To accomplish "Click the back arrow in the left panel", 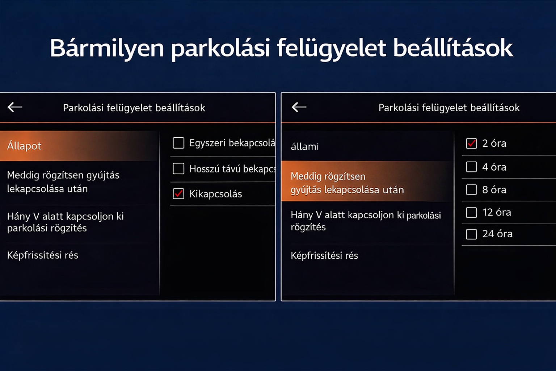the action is pos(15,107).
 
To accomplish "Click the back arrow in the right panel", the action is pos(299,107).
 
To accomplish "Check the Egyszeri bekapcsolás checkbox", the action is pos(178,143).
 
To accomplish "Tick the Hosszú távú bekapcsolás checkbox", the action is pos(178,168).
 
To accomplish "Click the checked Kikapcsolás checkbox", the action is pos(178,193).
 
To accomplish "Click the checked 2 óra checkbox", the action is pos(471,143).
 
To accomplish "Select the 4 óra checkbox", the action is pos(471,167).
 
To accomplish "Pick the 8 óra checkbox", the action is pos(471,189).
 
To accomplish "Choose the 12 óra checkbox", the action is pos(471,212).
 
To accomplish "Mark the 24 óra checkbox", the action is pos(471,234).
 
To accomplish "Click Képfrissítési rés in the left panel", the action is pos(43,255).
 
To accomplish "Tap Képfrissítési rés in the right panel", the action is pos(324,255).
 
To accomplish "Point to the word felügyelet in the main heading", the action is pos(332,49).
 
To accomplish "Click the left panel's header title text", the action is pos(134,108).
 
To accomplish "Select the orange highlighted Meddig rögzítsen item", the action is pos(347,183).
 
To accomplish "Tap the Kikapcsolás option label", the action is pos(215,194).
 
